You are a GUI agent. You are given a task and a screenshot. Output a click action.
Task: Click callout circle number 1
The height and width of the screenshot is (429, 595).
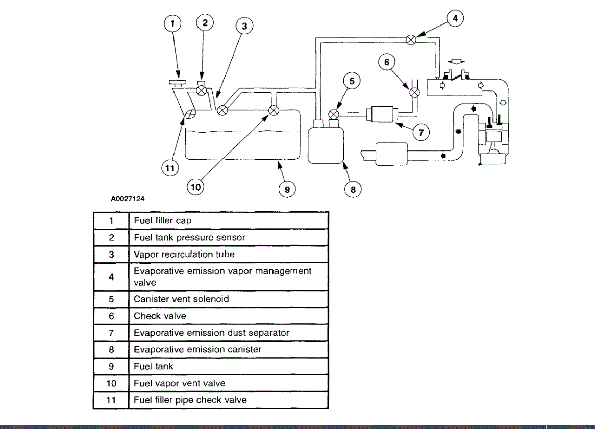(x=173, y=23)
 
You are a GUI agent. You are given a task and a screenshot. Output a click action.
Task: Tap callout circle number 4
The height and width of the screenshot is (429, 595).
(x=455, y=19)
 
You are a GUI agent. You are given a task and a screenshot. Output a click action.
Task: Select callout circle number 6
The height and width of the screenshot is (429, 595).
(x=387, y=62)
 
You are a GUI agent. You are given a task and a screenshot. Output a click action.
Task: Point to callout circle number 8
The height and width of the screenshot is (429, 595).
(x=352, y=189)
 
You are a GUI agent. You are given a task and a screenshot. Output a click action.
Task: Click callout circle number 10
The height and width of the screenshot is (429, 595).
(x=195, y=187)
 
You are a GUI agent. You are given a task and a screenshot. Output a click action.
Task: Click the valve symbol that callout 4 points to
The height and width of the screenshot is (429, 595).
(x=411, y=39)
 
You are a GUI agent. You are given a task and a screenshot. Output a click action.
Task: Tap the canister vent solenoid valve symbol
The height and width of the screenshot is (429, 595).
(x=334, y=113)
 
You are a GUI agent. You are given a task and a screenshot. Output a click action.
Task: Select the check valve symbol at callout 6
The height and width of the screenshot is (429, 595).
(x=415, y=92)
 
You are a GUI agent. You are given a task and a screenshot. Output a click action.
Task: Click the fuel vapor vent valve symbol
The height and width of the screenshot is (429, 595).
(x=274, y=110)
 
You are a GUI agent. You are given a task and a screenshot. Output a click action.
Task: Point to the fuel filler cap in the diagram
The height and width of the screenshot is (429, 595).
(x=176, y=82)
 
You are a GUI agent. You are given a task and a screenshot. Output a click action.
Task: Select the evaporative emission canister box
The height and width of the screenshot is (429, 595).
(x=326, y=144)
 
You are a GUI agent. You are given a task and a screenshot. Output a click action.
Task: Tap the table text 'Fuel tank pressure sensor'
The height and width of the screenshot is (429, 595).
(x=189, y=238)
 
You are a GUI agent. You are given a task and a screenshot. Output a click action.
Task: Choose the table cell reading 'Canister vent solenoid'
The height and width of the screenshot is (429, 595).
(x=181, y=299)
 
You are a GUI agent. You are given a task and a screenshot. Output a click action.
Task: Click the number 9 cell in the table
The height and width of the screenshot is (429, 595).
(x=111, y=367)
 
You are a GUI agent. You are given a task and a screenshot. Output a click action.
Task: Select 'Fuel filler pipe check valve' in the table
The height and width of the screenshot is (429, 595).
(x=190, y=400)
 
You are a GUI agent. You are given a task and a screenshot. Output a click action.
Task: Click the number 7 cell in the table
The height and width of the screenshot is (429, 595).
(x=111, y=333)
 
